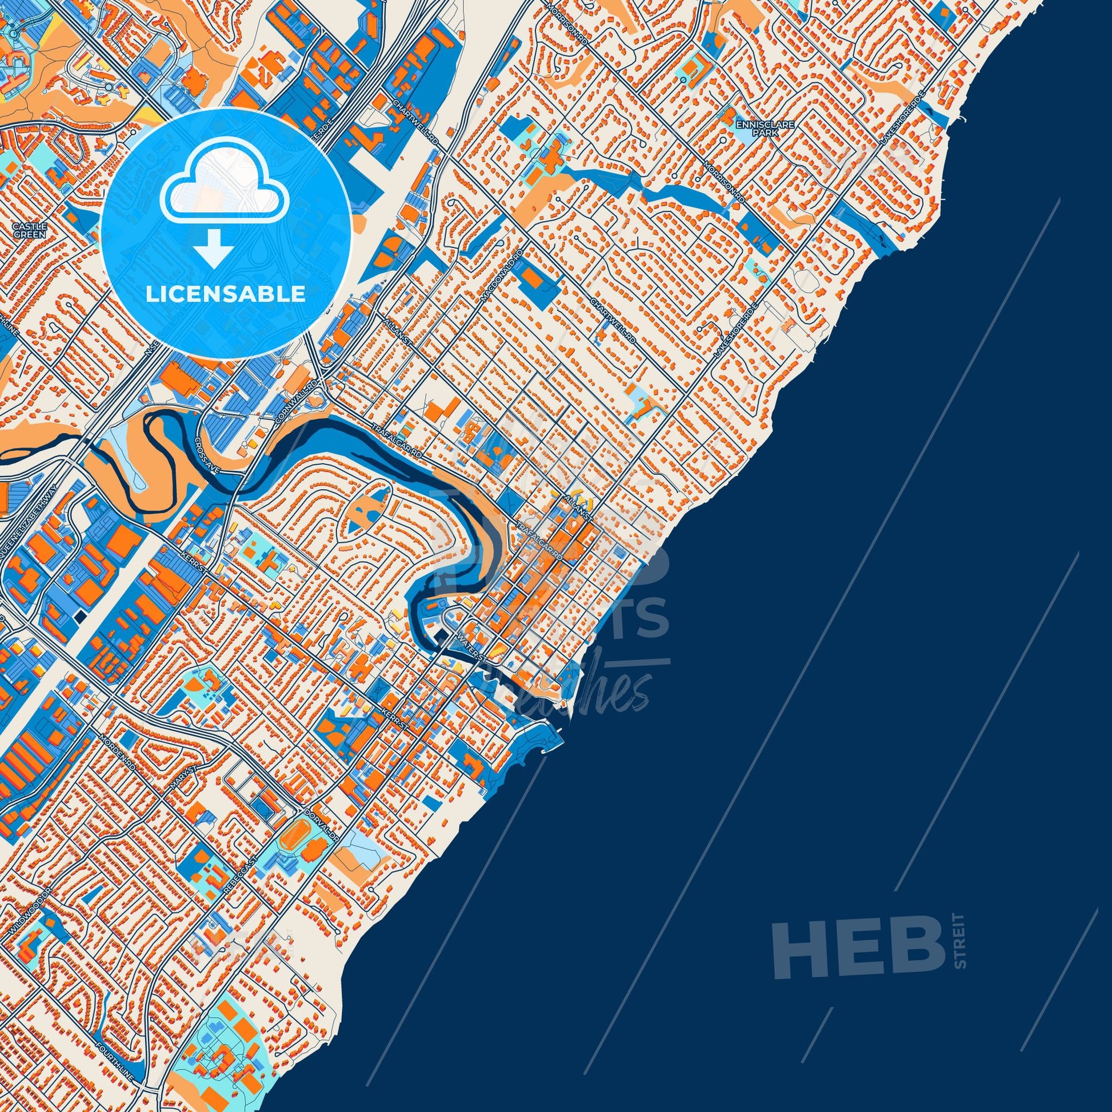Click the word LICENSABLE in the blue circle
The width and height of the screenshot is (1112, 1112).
pos(225,294)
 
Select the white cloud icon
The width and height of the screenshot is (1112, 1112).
pos(226,190)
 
